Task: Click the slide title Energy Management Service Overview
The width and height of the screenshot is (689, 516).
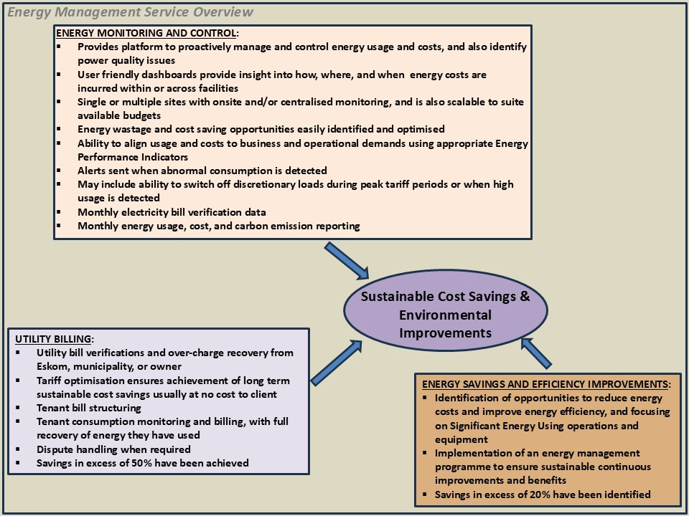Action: [130, 11]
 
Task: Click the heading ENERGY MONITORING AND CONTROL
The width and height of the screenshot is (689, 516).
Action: [146, 33]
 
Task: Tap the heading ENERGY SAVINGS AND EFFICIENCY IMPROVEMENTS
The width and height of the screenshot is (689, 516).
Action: [546, 383]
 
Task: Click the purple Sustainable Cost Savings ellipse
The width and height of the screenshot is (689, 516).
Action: [445, 315]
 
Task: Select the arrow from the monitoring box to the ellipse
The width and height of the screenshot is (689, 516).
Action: [347, 261]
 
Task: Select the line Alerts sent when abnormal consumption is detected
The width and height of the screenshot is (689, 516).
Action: [202, 171]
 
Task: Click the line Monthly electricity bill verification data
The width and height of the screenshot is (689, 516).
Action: [172, 212]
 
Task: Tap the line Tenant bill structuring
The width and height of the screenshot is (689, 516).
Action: [88, 408]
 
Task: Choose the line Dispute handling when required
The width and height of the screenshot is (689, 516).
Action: [113, 449]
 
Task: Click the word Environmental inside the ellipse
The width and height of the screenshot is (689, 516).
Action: [445, 315]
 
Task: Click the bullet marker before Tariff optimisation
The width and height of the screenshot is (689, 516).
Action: [19, 381]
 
